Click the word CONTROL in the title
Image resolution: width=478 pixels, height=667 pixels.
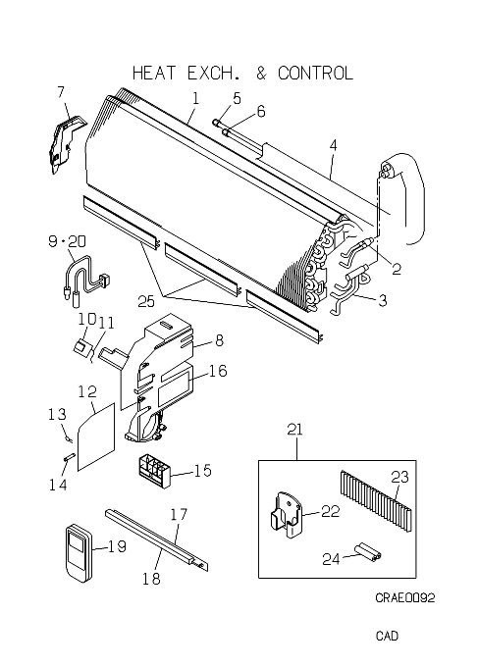(315, 74)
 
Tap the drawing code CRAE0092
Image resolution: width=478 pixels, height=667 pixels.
(404, 597)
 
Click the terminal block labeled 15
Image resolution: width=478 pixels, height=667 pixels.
(153, 472)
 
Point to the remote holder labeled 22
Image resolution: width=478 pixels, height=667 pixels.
(287, 514)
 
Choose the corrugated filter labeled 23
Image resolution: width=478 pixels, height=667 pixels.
(376, 500)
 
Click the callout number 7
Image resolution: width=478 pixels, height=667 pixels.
(61, 92)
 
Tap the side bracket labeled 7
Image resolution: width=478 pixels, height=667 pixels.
(66, 142)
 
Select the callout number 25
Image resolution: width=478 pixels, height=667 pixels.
(146, 301)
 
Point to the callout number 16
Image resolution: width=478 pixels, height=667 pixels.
(218, 371)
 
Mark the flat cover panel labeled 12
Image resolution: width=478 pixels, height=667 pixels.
(96, 436)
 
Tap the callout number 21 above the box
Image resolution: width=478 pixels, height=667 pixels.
(295, 430)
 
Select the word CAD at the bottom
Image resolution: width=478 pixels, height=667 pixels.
(387, 636)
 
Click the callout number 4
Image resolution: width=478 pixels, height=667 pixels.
(333, 145)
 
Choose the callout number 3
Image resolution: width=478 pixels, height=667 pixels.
(383, 300)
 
